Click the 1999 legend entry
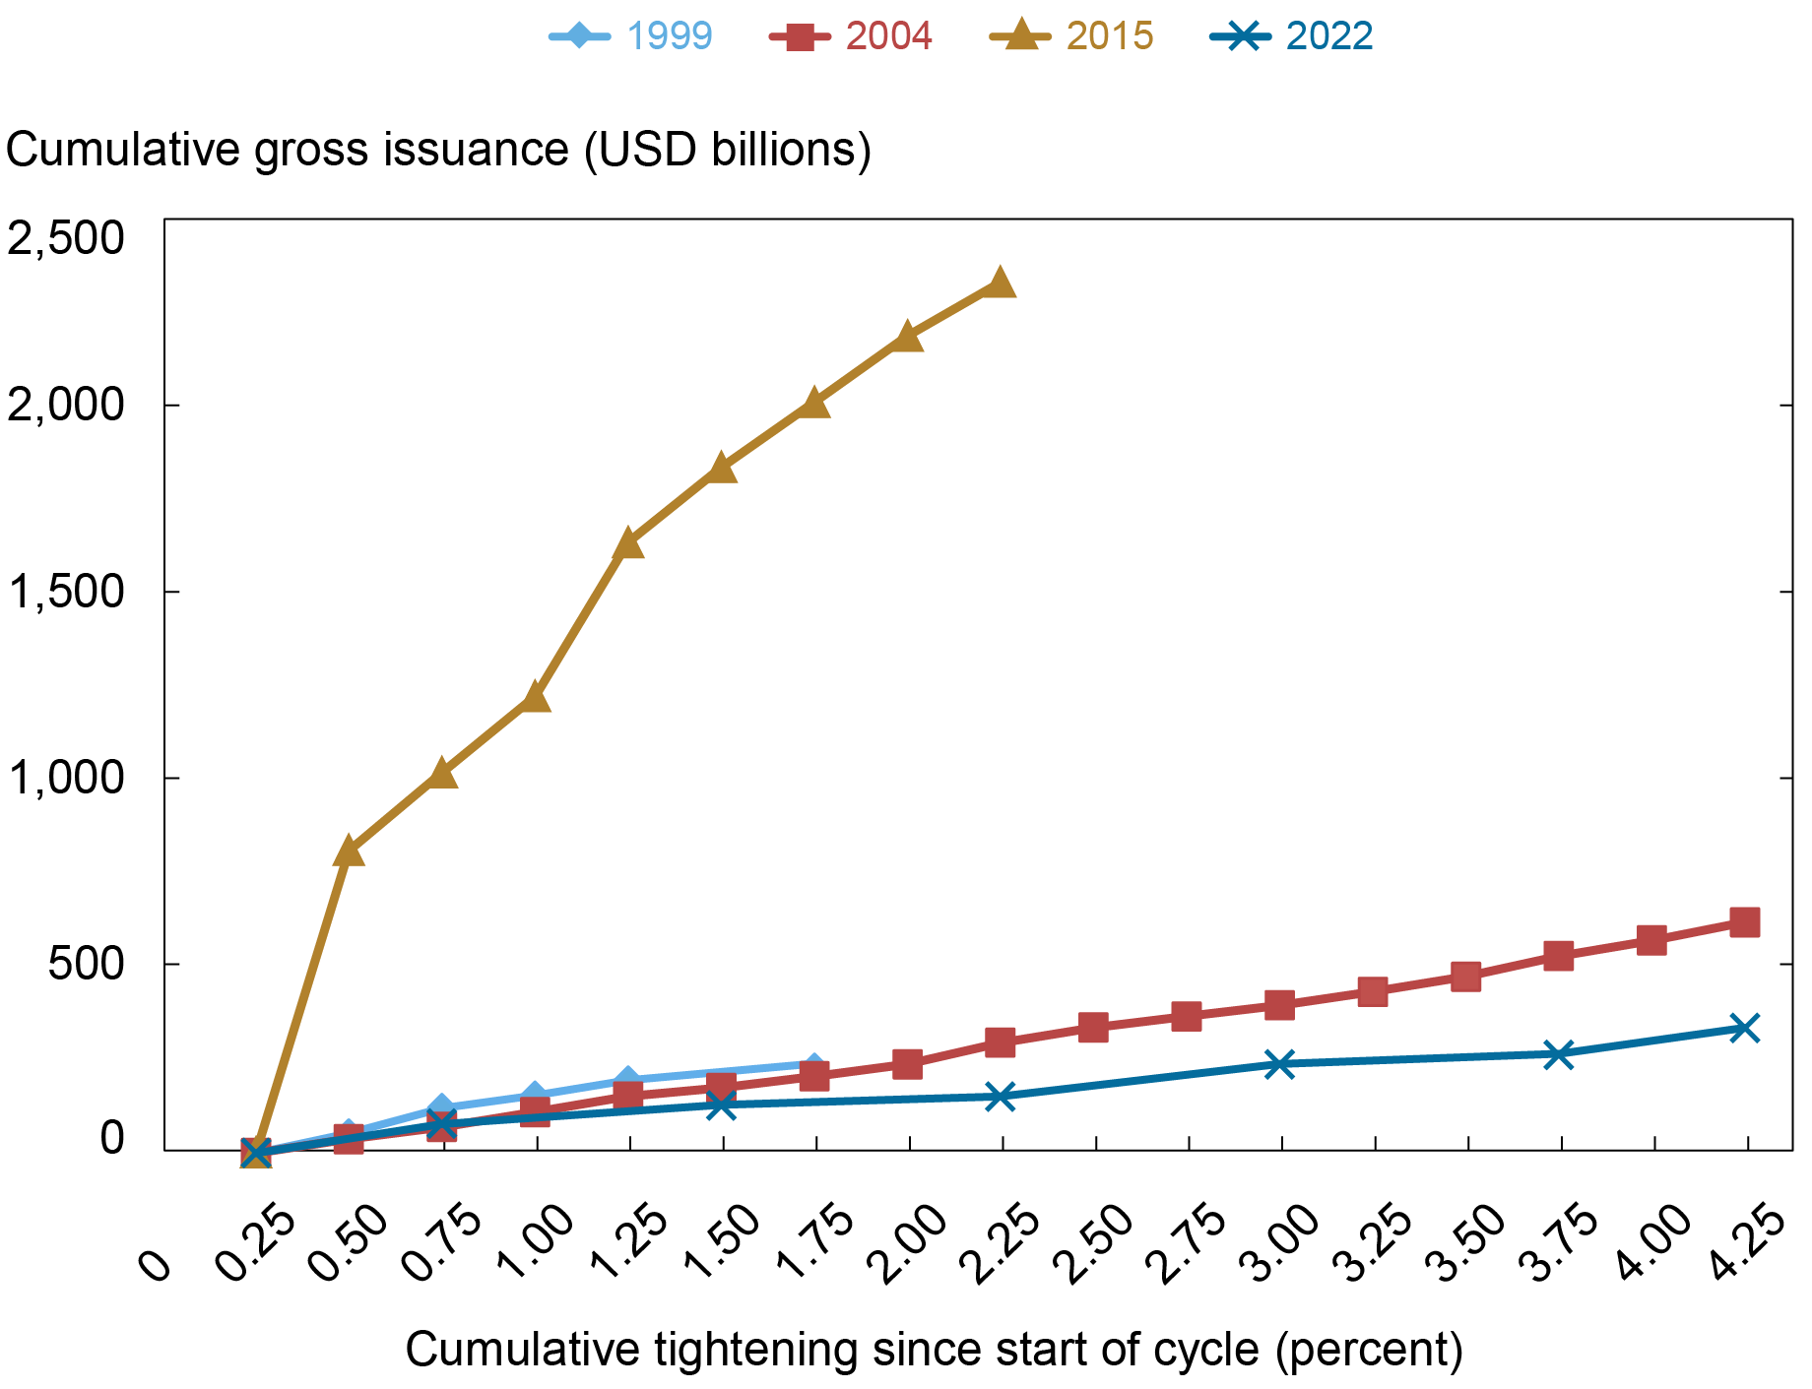pyautogui.click(x=631, y=36)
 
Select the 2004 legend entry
pyautogui.click(x=851, y=36)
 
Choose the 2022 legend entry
pyautogui.click(x=1292, y=36)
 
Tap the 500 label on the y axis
pyautogui.click(x=87, y=964)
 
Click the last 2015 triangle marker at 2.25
pyautogui.click(x=1000, y=284)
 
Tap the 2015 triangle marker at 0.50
pyautogui.click(x=349, y=852)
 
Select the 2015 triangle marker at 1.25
pyautogui.click(x=628, y=543)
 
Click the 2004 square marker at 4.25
pyautogui.click(x=1744, y=922)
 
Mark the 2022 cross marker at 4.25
pyautogui.click(x=1744, y=1029)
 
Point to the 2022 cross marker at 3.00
pyautogui.click(x=1279, y=1064)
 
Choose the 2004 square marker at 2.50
pyautogui.click(x=1093, y=1028)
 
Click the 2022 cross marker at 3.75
pyautogui.click(x=1558, y=1054)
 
